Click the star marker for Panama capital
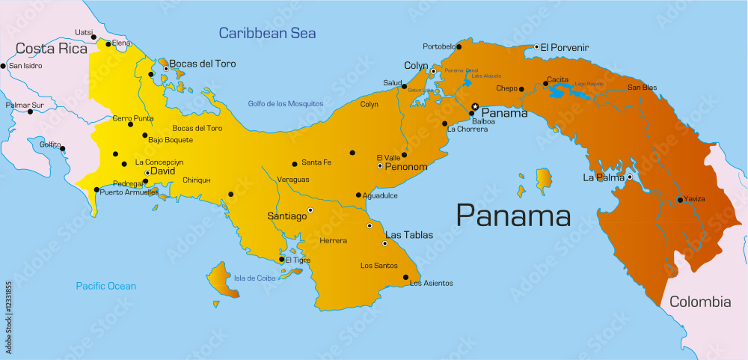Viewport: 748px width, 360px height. [475, 106]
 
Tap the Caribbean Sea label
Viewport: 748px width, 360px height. [267, 33]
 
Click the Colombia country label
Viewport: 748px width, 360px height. [699, 302]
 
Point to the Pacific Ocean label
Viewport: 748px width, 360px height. [106, 286]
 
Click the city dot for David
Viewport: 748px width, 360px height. [147, 173]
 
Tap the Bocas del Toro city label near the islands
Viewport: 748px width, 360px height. [202, 64]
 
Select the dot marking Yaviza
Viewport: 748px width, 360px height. [679, 200]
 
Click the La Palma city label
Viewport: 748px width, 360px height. [603, 177]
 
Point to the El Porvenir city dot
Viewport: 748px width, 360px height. [536, 47]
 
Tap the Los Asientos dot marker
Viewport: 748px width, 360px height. [405, 278]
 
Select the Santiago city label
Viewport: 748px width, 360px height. [287, 216]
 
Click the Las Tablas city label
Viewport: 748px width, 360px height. [408, 235]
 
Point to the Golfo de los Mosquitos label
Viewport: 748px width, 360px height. [286, 103]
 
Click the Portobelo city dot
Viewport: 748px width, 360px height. [459, 47]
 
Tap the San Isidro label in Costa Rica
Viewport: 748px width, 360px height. [25, 66]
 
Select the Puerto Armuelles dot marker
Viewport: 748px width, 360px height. [96, 190]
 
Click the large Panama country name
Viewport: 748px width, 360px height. [513, 216]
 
